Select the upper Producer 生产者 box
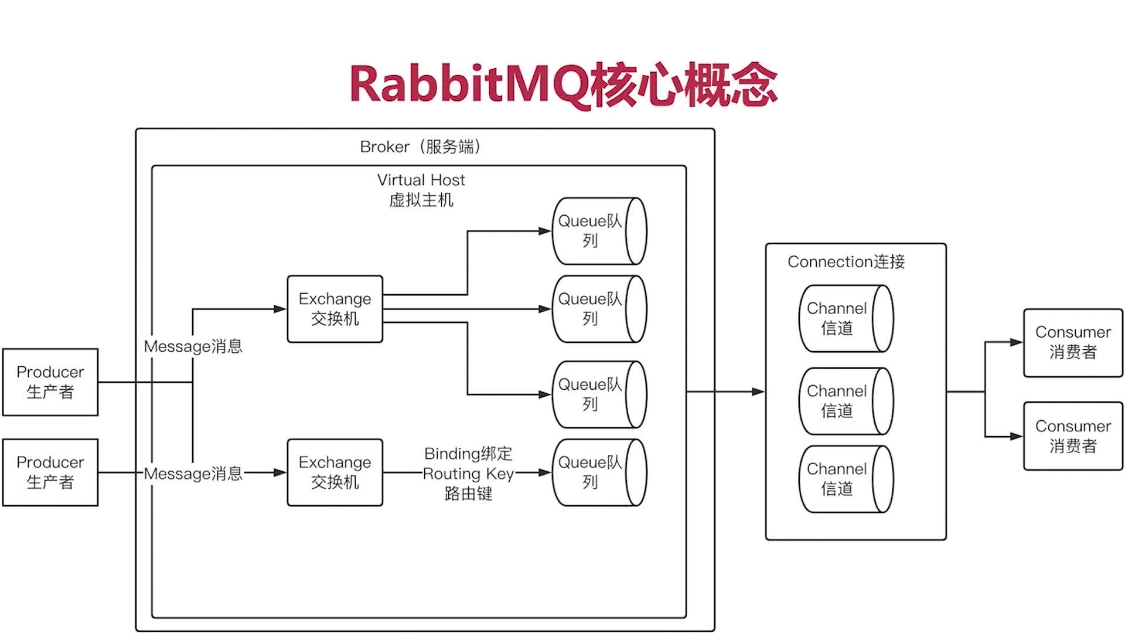[x=50, y=382]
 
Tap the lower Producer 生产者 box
[x=50, y=472]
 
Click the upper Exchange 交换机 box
[x=335, y=309]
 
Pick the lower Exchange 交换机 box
[x=335, y=472]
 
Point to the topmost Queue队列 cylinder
[x=599, y=231]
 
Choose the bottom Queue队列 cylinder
[x=599, y=472]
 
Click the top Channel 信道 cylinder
[x=846, y=318]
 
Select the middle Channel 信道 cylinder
[x=846, y=401]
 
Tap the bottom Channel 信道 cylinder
[x=846, y=479]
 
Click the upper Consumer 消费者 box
[x=1073, y=343]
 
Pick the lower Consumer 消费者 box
[x=1073, y=436]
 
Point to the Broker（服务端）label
[x=421, y=147]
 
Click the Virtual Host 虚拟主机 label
[x=421, y=190]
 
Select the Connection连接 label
[x=846, y=261]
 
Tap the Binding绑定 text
[x=468, y=454]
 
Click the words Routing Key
[x=468, y=474]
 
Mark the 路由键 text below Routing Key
[x=468, y=494]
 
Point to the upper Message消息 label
[x=193, y=346]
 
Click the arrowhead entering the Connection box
[x=759, y=392]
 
